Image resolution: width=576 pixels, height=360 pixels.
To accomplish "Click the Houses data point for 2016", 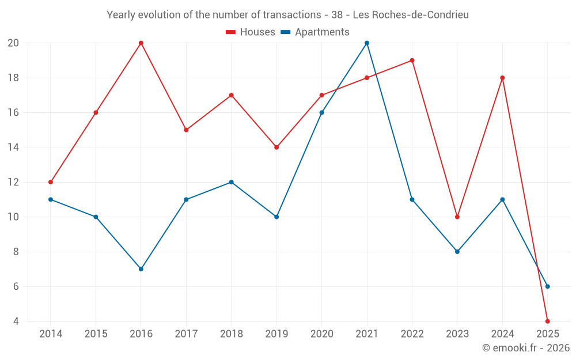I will pos(141,43).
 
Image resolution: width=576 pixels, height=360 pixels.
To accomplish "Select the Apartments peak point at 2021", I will pos(367,43).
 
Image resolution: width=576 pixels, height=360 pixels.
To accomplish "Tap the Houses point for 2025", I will pos(548,321).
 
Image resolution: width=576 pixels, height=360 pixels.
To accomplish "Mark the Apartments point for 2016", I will pos(141,269).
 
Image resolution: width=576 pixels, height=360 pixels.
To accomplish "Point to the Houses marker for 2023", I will pos(457,217).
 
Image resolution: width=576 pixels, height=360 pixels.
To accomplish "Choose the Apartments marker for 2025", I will pos(548,286).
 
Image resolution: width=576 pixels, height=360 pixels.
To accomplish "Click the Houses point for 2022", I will pos(412,60).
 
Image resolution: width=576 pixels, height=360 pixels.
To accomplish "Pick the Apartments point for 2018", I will pos(232,182).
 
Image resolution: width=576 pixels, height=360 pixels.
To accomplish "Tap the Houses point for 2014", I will pos(51,182).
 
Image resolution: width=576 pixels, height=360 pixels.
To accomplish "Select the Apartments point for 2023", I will pos(457,252).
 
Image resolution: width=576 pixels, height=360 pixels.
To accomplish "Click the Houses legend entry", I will pos(251,32).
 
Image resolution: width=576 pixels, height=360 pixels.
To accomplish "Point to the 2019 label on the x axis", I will pos(276,334).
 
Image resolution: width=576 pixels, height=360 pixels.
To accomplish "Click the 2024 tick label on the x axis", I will pos(502,334).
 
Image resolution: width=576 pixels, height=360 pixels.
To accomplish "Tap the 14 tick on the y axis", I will pos(13,147).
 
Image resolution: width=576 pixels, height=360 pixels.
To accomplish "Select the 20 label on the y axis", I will pos(13,43).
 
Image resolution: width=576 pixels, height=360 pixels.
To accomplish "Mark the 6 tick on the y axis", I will pos(16,286).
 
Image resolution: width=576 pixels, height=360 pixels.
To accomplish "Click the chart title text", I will pos(287,15).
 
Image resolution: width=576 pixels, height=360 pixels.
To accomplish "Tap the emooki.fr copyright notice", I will pos(526,348).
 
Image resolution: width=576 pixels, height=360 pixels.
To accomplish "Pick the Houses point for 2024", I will pos(502,78).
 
